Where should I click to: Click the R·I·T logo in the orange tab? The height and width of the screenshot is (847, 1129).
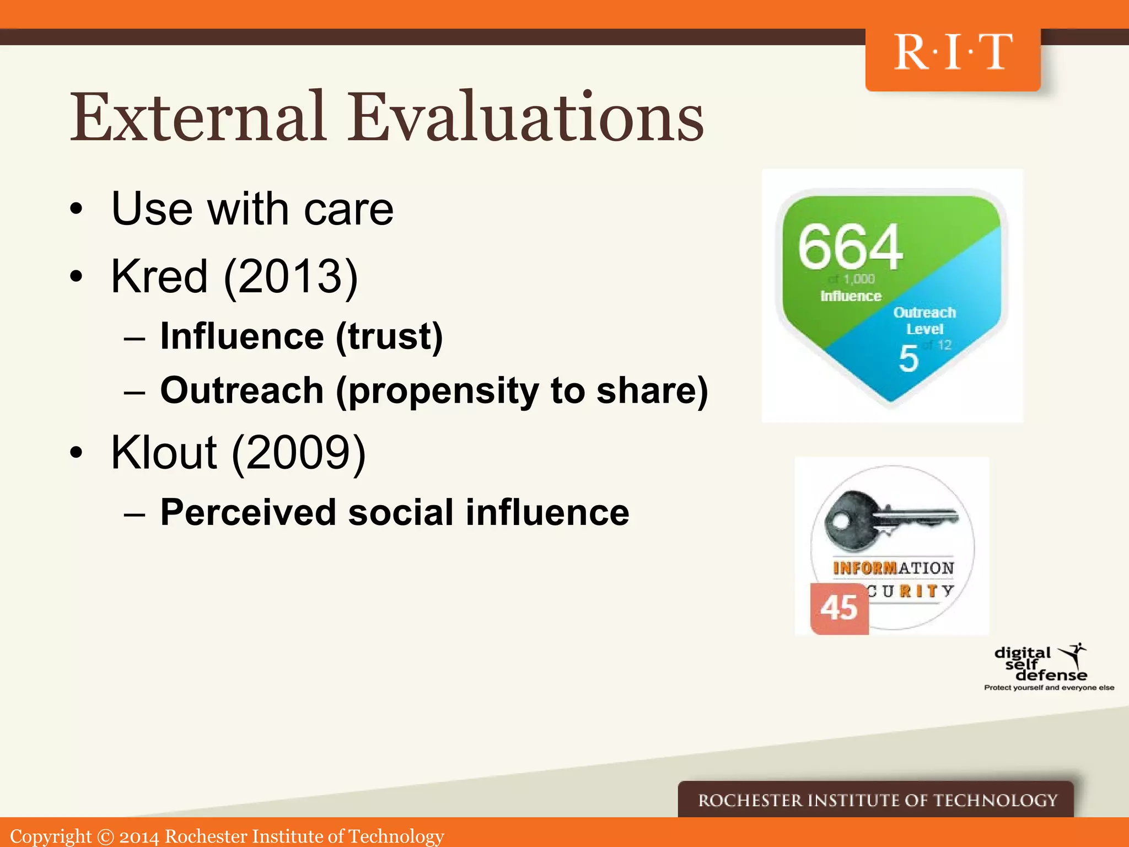point(953,53)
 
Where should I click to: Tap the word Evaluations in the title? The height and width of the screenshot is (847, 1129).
point(526,117)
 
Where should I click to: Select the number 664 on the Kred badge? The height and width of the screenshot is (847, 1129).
point(850,246)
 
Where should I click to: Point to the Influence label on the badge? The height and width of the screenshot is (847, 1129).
point(851,296)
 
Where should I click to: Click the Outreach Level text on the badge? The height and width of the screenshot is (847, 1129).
point(924,320)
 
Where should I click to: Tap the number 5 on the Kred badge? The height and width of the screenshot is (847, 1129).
point(908,359)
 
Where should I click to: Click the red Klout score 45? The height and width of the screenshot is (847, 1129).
point(838,608)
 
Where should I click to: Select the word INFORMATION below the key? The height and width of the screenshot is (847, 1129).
point(893,568)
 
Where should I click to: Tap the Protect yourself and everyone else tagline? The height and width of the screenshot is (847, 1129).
point(1049,688)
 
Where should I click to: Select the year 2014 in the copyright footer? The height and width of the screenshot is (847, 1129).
point(139,837)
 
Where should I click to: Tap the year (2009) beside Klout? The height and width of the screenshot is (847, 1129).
point(298,453)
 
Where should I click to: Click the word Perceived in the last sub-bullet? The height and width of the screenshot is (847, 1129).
point(248,512)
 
